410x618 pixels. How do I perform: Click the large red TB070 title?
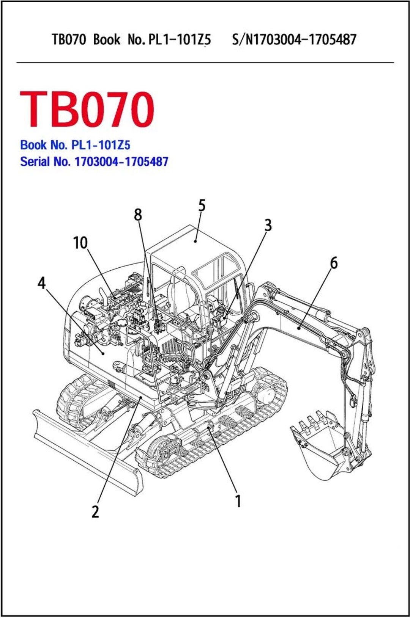[87, 110]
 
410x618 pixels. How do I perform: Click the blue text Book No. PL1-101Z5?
[75, 145]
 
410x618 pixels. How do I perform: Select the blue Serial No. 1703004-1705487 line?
[94, 162]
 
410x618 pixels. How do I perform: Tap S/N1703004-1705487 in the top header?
[294, 39]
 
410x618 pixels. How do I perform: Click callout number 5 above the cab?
[202, 206]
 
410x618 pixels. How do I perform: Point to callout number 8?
[138, 215]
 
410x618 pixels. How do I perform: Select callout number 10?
[80, 243]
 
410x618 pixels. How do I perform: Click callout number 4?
[41, 283]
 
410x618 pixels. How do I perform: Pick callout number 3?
[268, 225]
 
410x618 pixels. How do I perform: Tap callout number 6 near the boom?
[334, 263]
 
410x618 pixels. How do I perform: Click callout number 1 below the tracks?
[238, 501]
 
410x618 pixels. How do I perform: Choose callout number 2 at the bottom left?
[95, 511]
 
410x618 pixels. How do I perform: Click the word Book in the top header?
[107, 39]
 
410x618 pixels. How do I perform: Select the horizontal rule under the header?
[205, 62]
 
